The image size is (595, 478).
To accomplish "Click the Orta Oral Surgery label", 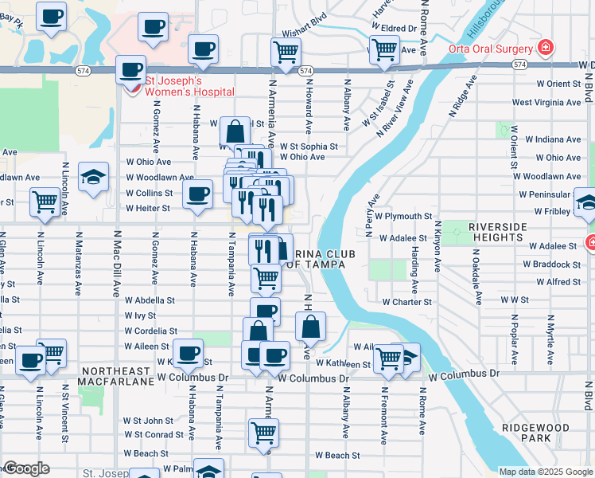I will point(493,45).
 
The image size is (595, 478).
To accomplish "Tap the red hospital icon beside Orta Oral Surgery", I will point(545,47).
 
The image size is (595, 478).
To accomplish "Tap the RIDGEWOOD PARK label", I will point(536,433).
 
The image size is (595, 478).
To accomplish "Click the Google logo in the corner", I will point(26,468).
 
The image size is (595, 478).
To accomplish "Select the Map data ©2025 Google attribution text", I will point(545,472).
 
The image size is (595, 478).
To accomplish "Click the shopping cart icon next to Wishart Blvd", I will point(286,53).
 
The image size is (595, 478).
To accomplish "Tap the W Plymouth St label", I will point(404,216).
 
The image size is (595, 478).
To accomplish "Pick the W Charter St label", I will point(406,302).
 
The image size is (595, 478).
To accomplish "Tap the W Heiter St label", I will point(148,208).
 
